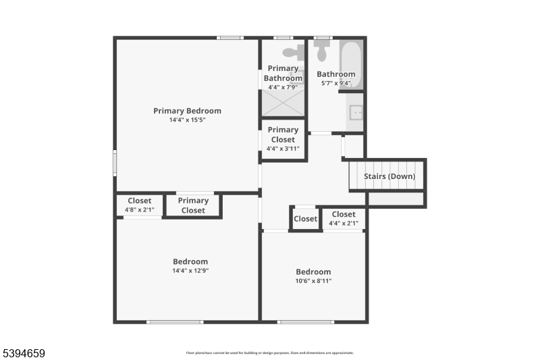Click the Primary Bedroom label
pyautogui.click(x=187, y=111)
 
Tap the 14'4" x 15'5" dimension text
pyautogui.click(x=187, y=120)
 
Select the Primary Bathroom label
pyautogui.click(x=283, y=73)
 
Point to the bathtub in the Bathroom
pyautogui.click(x=351, y=63)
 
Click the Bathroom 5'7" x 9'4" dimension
pyautogui.click(x=335, y=83)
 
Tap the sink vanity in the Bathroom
pyautogui.click(x=356, y=113)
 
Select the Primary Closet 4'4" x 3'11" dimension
pyautogui.click(x=283, y=149)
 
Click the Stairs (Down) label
pyautogui.click(x=389, y=176)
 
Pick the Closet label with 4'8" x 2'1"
pyautogui.click(x=140, y=201)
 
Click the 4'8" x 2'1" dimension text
pyautogui.click(x=140, y=210)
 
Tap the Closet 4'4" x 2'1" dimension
pyautogui.click(x=344, y=223)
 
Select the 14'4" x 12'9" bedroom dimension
pyautogui.click(x=190, y=271)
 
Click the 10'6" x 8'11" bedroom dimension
pyautogui.click(x=313, y=281)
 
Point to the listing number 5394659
pyautogui.click(x=23, y=353)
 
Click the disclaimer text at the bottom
pyautogui.click(x=270, y=353)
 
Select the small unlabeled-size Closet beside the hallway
pyautogui.click(x=305, y=219)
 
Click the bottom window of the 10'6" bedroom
pyautogui.click(x=296, y=322)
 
